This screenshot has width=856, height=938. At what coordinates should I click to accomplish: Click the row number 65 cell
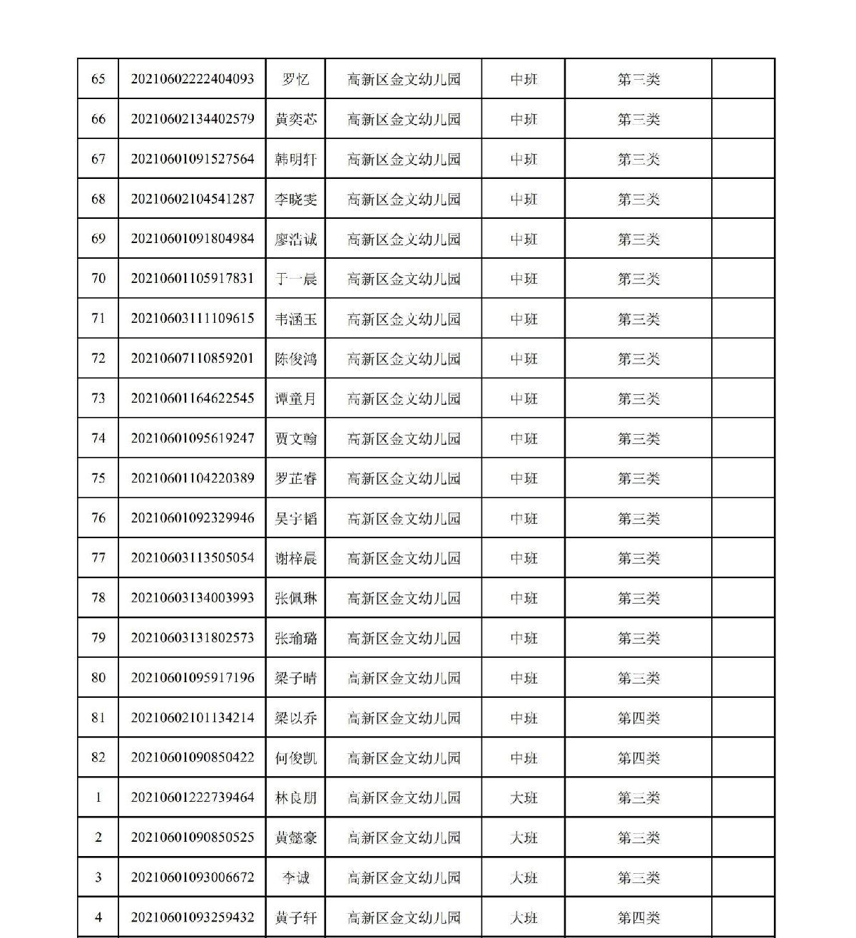point(98,79)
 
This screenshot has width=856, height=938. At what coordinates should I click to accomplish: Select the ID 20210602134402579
point(192,119)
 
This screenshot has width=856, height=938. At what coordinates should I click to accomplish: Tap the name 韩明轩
point(295,159)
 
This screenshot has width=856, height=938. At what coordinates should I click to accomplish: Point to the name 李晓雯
point(295,199)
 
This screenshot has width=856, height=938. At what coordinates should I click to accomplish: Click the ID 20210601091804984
point(192,239)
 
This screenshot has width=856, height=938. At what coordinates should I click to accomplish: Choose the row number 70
point(98,279)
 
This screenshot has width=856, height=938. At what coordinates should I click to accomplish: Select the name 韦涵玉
point(295,319)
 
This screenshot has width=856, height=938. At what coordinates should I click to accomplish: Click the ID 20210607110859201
point(192,359)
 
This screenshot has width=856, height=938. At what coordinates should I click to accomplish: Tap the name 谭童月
point(295,398)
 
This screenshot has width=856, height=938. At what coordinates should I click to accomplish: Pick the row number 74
point(98,438)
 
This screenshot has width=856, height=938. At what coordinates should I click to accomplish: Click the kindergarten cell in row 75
point(404,478)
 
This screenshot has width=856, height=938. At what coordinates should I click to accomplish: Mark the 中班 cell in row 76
point(524,518)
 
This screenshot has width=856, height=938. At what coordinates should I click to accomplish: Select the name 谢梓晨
point(295,558)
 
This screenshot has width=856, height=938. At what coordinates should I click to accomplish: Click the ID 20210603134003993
point(192,598)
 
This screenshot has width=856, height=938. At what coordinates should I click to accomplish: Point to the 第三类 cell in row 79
point(638,638)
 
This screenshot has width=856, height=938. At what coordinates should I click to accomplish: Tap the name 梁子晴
point(295,678)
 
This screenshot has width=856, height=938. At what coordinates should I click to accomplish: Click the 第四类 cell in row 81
point(638,718)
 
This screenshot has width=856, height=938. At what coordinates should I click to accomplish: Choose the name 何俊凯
point(295,758)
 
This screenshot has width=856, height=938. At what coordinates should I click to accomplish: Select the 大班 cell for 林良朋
point(524,798)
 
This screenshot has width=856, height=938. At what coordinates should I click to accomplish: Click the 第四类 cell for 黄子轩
point(638,917)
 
